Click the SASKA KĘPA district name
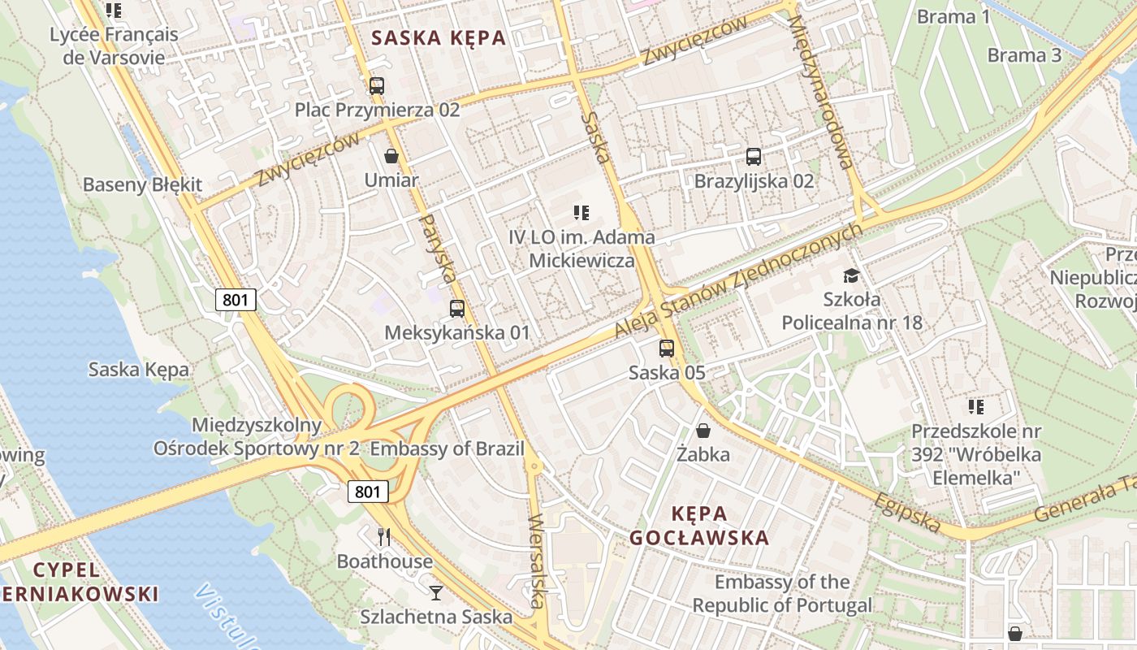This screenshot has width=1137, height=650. pyautogui.click(x=438, y=37)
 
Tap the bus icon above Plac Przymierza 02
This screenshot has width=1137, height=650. pyautogui.click(x=377, y=86)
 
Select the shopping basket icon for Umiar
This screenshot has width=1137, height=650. pyautogui.click(x=391, y=156)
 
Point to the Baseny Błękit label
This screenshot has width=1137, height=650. pyautogui.click(x=142, y=184)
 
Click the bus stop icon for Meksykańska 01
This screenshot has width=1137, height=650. pyautogui.click(x=457, y=309)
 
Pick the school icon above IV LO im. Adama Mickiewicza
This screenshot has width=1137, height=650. pyautogui.click(x=581, y=213)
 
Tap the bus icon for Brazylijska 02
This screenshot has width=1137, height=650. pyautogui.click(x=754, y=157)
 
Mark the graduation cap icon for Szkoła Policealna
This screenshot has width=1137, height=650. pyautogui.click(x=851, y=276)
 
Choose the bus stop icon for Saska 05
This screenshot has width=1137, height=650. pyautogui.click(x=667, y=349)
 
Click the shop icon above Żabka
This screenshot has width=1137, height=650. pyautogui.click(x=703, y=431)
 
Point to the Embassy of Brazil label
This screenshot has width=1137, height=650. pyautogui.click(x=447, y=448)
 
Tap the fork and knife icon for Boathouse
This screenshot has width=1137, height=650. pyautogui.click(x=384, y=537)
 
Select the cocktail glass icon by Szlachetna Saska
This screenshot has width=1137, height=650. pyautogui.click(x=436, y=592)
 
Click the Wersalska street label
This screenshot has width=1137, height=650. pyautogui.click(x=535, y=561)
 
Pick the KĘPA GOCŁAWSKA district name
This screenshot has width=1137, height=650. pyautogui.click(x=699, y=526)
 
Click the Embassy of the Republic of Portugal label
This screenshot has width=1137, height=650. pyautogui.click(x=781, y=593)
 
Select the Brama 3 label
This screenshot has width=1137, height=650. pyautogui.click(x=1024, y=55)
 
